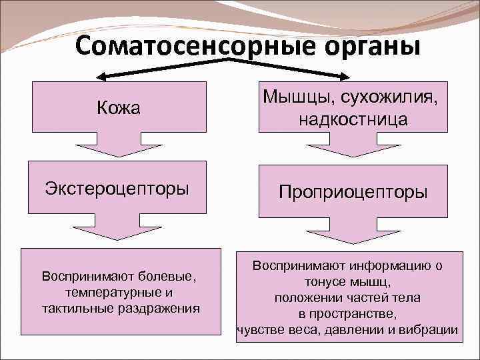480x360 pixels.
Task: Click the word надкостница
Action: [x=353, y=120]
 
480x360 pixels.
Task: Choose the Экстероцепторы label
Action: [x=117, y=187]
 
